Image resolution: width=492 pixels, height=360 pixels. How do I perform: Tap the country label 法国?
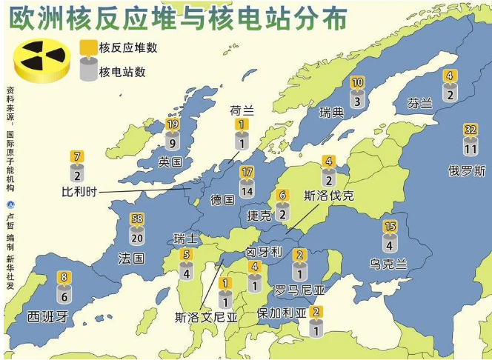coord(131,258)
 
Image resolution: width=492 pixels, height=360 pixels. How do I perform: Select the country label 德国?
coord(222,200)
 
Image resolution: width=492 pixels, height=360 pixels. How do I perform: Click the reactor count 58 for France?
coord(136,219)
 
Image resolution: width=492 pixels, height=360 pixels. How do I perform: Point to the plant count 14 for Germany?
coord(247,191)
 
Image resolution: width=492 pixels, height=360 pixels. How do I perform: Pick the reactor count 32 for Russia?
coord(471,130)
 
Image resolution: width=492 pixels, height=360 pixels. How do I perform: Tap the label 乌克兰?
coord(390,264)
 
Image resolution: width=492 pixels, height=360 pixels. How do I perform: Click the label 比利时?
coord(79,192)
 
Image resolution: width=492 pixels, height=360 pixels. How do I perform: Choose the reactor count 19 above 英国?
coord(173,125)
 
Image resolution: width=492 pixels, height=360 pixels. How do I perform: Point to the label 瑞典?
coord(331,113)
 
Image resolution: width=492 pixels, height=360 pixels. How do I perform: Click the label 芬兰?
coord(419,104)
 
